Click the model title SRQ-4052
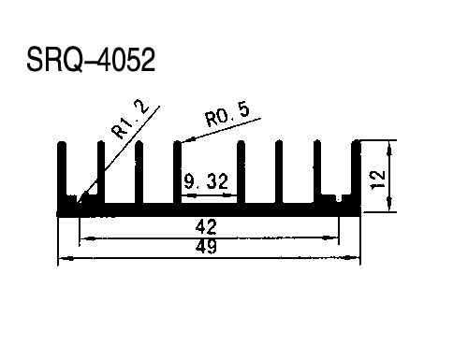(91, 60)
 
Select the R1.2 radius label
(131, 119)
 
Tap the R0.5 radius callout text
(227, 115)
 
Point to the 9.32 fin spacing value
(206, 181)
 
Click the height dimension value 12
(377, 180)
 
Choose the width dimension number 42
(206, 227)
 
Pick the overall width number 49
(206, 247)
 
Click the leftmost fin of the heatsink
(62, 172)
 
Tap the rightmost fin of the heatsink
(356, 172)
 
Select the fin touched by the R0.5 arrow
(177, 172)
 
